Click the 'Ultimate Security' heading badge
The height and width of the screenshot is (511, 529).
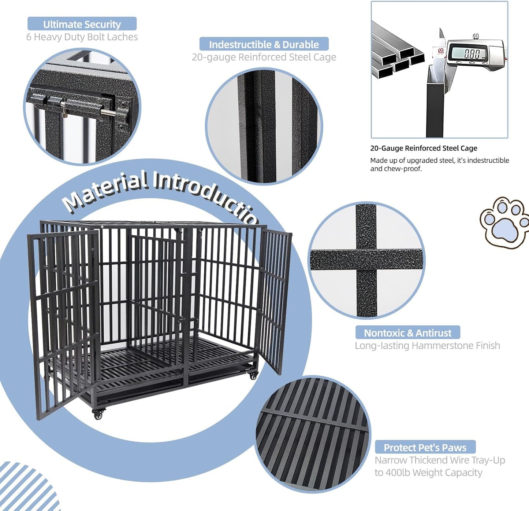click(x=82, y=24)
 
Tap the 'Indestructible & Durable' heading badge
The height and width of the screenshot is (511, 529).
click(x=264, y=44)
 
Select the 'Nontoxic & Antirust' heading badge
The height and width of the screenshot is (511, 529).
click(x=407, y=333)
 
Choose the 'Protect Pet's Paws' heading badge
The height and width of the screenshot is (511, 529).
click(x=425, y=448)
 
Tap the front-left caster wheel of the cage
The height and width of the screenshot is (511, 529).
click(x=98, y=415)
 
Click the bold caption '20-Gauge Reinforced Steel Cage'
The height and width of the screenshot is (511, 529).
click(x=424, y=148)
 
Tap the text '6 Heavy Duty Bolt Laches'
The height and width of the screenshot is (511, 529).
click(x=82, y=37)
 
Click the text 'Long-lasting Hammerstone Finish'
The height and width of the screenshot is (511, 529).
click(x=427, y=346)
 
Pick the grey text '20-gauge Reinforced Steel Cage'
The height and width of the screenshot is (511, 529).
click(x=264, y=57)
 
